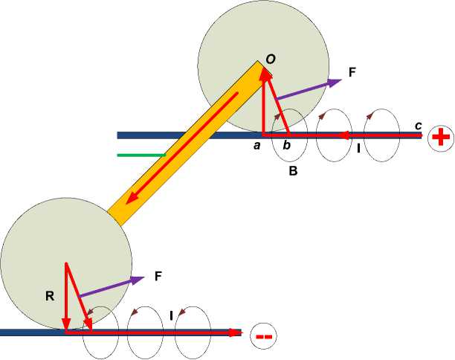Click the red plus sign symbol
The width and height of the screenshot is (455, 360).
[x=441, y=138]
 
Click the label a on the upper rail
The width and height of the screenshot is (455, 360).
[x=257, y=146]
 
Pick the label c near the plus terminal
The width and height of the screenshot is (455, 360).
[x=419, y=125]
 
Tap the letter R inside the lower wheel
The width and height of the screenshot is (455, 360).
[x=50, y=296]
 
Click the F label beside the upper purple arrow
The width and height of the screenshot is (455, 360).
[x=352, y=72]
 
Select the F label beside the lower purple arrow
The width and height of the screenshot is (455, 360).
[x=158, y=276]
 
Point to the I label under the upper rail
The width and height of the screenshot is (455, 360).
[x=358, y=149]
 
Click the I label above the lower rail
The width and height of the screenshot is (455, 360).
[x=172, y=316]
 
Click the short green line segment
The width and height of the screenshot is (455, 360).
[x=141, y=155]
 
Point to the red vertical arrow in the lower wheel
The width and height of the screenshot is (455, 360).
[x=66, y=297]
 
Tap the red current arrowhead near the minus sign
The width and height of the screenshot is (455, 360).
[x=237, y=332]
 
